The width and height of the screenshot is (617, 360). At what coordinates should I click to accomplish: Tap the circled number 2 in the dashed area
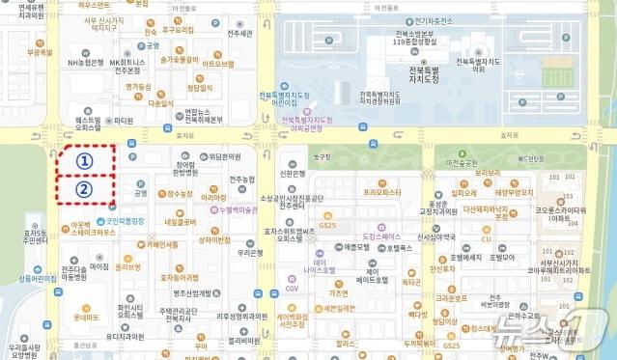pyautogui.click(x=84, y=189)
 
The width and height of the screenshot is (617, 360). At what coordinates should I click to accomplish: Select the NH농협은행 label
pyautogui.click(x=86, y=63)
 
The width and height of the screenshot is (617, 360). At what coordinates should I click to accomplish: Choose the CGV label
pyautogui.click(x=292, y=288)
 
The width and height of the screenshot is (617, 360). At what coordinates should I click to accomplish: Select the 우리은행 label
pyautogui.click(x=251, y=252)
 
